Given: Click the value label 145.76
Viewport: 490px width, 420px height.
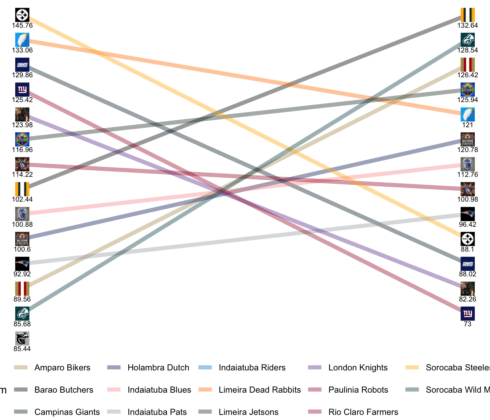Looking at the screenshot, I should (x=22, y=26).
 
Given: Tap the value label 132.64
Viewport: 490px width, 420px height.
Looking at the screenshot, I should (x=467, y=26).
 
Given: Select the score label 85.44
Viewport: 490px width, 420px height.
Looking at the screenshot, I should (x=22, y=349).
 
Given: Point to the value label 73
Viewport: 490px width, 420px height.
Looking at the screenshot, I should (x=467, y=324).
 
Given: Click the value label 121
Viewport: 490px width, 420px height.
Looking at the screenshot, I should (x=467, y=125).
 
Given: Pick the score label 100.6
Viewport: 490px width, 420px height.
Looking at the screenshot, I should (x=22, y=249).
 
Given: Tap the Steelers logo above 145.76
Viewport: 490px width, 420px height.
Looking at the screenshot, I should (x=22, y=15).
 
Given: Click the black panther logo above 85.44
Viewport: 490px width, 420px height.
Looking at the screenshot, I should (x=22, y=339).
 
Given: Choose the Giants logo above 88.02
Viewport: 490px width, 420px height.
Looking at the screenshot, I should (x=467, y=264).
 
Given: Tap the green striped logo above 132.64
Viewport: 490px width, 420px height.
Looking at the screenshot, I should (x=467, y=15).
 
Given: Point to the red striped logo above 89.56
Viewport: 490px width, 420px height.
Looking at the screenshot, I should (x=22, y=289).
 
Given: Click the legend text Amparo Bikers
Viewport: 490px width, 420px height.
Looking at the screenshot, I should (x=62, y=367).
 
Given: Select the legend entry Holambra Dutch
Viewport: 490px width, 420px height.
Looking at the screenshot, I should (x=158, y=367).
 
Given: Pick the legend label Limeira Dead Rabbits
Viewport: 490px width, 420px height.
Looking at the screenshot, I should (x=260, y=390).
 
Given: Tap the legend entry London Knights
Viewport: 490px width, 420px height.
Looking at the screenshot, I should (x=358, y=367).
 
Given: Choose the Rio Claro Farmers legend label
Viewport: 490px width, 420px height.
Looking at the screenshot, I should (x=363, y=412).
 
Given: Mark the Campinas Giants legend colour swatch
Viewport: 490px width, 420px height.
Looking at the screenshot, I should (x=20, y=412).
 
